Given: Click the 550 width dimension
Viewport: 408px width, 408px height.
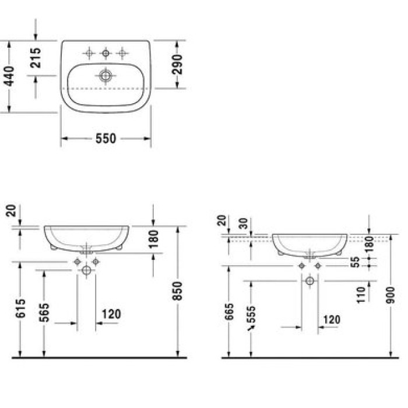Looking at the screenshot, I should (106, 139).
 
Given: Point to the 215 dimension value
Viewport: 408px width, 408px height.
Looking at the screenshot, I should (36, 59).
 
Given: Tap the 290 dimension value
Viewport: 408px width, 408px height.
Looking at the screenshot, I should (177, 65).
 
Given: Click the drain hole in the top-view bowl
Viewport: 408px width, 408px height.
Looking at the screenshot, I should (105, 75).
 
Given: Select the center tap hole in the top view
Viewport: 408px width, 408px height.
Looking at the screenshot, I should (105, 54).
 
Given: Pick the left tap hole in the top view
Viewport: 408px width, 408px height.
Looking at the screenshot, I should (89, 54).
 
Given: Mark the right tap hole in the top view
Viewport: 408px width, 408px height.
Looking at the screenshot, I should (122, 54).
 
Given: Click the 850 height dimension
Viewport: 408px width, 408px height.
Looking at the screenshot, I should (178, 291).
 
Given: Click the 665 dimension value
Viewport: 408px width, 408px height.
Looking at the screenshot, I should (229, 315).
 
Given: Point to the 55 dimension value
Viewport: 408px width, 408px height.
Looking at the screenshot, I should (362, 262).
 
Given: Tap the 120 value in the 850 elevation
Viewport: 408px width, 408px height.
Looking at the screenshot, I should (111, 314).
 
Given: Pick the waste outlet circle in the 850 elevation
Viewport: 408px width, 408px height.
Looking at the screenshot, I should (87, 270).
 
